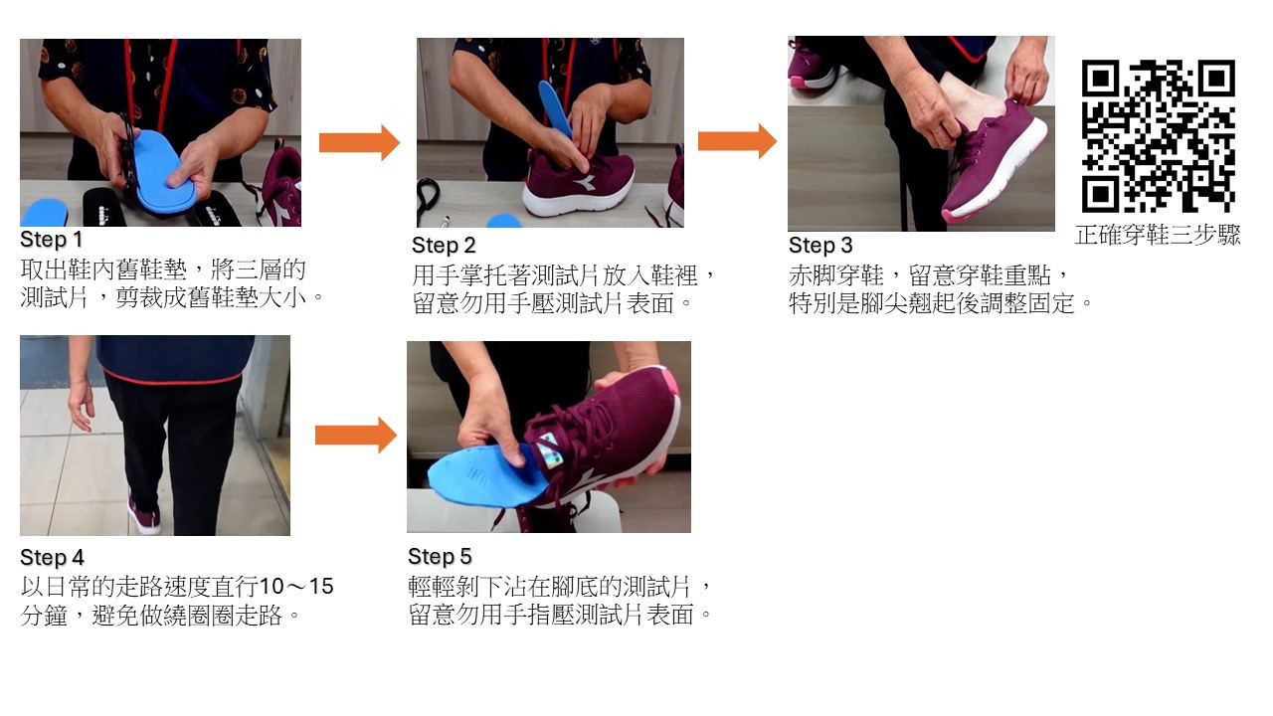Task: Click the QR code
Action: [x=1159, y=136]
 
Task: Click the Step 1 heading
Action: [x=51, y=240]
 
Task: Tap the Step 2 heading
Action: [x=444, y=245]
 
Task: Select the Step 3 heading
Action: [x=820, y=245]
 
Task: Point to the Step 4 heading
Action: [x=52, y=558]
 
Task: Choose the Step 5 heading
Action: [x=440, y=556]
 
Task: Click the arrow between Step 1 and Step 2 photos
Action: [x=359, y=142]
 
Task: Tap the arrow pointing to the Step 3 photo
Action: [x=737, y=141]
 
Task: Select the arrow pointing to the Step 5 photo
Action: [x=356, y=436]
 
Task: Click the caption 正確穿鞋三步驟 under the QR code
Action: [x=1158, y=235]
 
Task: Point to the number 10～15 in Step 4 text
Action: [x=296, y=586]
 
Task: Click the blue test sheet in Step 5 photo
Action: [x=483, y=474]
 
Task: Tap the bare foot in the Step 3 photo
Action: [x=966, y=99]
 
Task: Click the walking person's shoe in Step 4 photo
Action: [x=143, y=516]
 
